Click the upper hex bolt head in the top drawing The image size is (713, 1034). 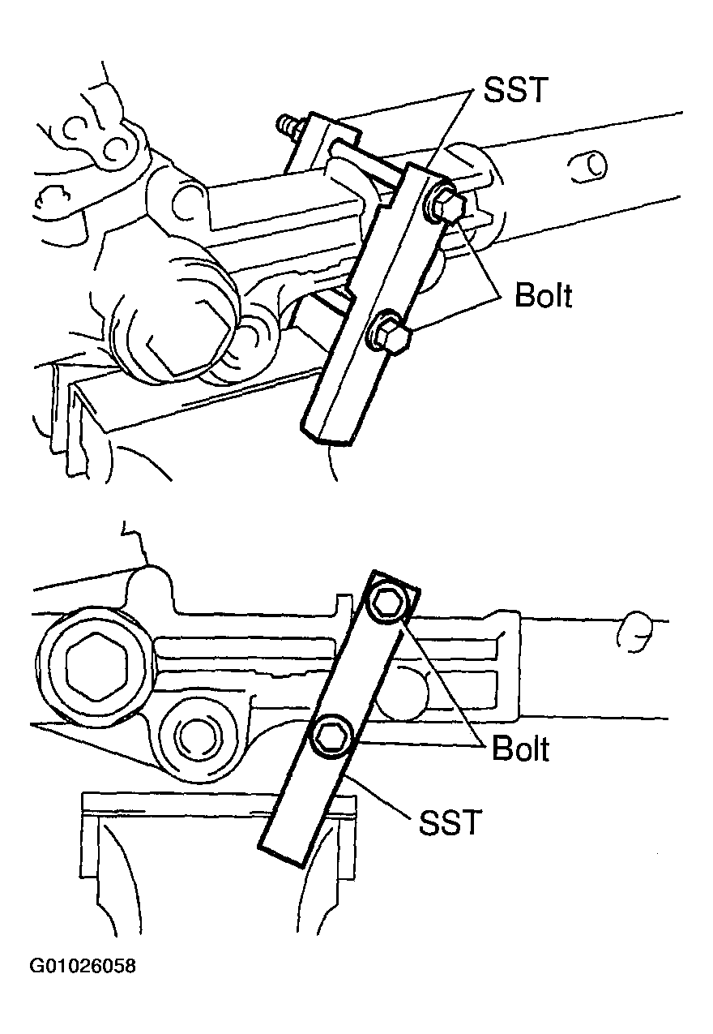tap(446, 205)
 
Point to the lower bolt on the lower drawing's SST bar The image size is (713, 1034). tap(331, 736)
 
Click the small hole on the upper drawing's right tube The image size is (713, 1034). tap(588, 165)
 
